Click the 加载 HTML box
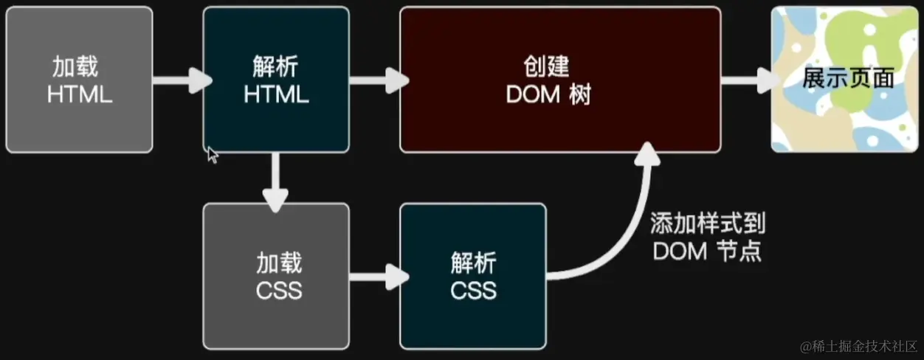(79, 80)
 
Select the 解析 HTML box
(275, 80)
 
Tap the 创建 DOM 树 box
(560, 80)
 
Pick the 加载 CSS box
(275, 276)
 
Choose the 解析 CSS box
(473, 276)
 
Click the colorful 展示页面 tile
(846, 80)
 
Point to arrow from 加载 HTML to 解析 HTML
(178, 80)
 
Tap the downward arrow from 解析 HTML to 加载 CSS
(275, 178)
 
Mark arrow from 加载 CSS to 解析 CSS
(375, 277)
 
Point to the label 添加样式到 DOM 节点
(706, 237)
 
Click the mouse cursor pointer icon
(213, 155)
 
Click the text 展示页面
(848, 78)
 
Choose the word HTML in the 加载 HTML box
(79, 94)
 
